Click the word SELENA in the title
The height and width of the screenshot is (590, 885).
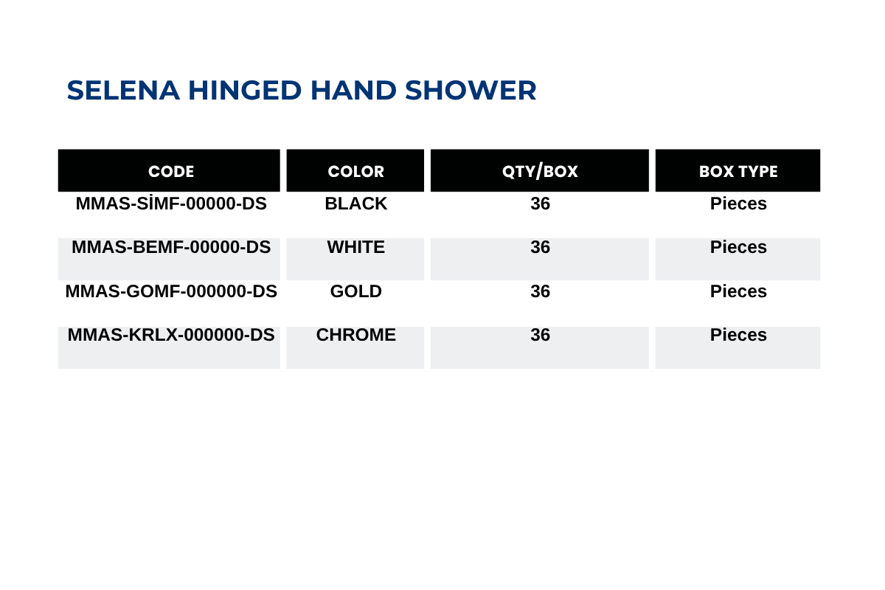point(123,91)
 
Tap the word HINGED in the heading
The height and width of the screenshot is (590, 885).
point(245,91)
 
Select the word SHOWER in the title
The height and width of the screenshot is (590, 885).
point(471,91)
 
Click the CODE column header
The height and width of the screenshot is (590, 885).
point(171,172)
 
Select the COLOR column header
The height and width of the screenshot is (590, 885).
point(355,172)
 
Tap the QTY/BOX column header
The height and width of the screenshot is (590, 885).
point(540,172)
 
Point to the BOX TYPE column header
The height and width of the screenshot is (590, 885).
point(738,172)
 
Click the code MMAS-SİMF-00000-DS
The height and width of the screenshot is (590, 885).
point(171,203)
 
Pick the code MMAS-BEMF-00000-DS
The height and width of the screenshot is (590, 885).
point(171,247)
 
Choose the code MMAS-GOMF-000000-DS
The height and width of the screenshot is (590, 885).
point(171,291)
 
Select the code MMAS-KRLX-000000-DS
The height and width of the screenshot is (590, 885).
point(171,335)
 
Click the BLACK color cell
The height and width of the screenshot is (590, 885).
point(355,204)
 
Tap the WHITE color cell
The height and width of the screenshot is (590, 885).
point(355,247)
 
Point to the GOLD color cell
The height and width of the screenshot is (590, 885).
point(355,291)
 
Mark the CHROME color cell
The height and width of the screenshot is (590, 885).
point(355,335)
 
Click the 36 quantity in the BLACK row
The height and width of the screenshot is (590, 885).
point(540,204)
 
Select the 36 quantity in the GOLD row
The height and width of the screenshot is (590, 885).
point(540,291)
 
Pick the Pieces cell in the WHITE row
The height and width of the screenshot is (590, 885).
point(738,247)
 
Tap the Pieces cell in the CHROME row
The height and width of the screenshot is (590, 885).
point(738,335)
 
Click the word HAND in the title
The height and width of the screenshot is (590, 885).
point(353,91)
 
